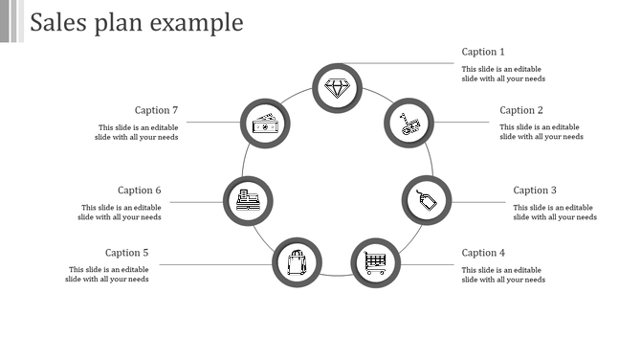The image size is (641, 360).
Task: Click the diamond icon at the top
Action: pos(338,88)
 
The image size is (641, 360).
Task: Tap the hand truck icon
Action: pos(409,123)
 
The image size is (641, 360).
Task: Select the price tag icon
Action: pos(427,200)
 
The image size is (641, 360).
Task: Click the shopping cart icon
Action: pos(375,261)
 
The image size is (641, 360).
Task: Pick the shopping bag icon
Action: pos(298,261)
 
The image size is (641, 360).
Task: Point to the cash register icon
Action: pos(248,200)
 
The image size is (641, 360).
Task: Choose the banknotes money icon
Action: pos(264,123)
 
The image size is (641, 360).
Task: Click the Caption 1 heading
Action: pos(482,52)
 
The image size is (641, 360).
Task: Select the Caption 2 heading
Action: pos(521,110)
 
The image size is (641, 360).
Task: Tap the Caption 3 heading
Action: pos(535,191)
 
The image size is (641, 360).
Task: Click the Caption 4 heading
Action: pos(483,253)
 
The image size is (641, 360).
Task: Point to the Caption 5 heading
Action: pos(127,253)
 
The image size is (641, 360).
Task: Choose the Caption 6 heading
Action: pos(140,191)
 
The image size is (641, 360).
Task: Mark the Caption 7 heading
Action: pos(156,110)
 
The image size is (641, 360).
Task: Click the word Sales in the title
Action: pos(59,22)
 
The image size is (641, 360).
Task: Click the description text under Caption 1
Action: pos(503,74)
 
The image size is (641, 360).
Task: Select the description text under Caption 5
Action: pos(107,275)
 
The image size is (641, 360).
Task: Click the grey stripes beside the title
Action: pos(11,21)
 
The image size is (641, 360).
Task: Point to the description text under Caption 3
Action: pos(555,213)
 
